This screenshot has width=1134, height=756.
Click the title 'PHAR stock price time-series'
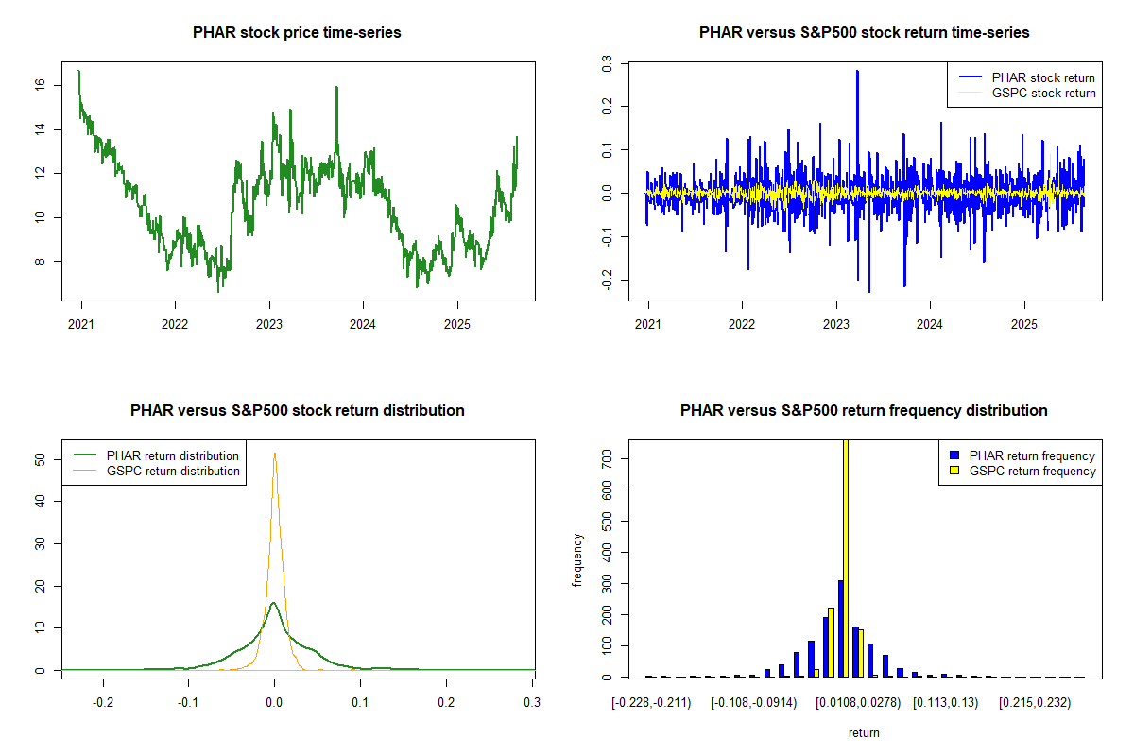tap(297, 33)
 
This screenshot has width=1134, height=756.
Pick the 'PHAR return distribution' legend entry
tap(172, 455)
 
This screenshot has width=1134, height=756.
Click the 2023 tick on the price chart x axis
tap(269, 321)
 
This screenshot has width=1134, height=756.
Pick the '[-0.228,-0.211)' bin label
tap(651, 702)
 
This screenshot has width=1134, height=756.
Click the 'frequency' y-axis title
tap(577, 560)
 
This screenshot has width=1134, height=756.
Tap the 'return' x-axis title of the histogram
tap(864, 732)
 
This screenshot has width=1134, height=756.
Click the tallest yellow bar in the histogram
tap(846, 558)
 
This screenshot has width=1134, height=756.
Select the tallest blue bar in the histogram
tap(840, 628)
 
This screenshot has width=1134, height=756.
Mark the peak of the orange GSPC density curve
tap(275, 453)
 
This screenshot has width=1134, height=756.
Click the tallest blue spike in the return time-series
tap(857, 71)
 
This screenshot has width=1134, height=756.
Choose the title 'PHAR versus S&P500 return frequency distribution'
tap(864, 411)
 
